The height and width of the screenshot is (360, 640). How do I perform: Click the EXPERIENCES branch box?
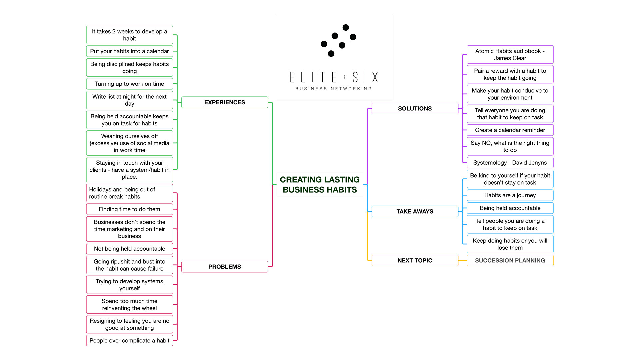pyautogui.click(x=224, y=102)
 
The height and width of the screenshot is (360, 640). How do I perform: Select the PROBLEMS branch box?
pyautogui.click(x=224, y=267)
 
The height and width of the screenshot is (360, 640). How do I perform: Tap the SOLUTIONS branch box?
pyautogui.click(x=415, y=109)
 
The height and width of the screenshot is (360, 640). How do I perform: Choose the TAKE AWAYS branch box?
pyautogui.click(x=415, y=211)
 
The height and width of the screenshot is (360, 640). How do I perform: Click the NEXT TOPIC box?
pyautogui.click(x=415, y=260)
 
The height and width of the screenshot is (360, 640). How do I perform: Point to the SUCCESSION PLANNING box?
pyautogui.click(x=510, y=260)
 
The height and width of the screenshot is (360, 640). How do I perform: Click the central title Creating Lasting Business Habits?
pyautogui.click(x=320, y=185)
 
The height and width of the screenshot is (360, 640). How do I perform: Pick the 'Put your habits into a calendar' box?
pyautogui.click(x=129, y=51)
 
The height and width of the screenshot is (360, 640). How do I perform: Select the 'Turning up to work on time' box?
pyautogui.click(x=129, y=84)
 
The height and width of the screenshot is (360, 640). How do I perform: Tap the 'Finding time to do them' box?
pyautogui.click(x=129, y=209)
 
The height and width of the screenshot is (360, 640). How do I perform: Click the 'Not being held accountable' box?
pyautogui.click(x=129, y=249)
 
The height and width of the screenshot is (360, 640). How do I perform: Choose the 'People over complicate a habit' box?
pyautogui.click(x=129, y=341)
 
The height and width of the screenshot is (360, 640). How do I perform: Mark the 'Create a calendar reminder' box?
pyautogui.click(x=510, y=130)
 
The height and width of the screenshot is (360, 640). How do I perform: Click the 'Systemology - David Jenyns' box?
pyautogui.click(x=510, y=163)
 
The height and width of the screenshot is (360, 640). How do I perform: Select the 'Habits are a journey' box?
pyautogui.click(x=510, y=195)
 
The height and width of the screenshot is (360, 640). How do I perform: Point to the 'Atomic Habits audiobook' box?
pyautogui.click(x=510, y=55)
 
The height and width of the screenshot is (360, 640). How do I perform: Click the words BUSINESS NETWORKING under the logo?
pyautogui.click(x=333, y=89)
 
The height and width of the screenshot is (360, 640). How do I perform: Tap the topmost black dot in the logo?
pyautogui.click(x=346, y=27)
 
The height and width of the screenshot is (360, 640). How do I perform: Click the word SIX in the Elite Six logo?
pyautogui.click(x=365, y=77)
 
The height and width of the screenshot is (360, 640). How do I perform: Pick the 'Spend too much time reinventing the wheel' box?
pyautogui.click(x=129, y=305)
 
